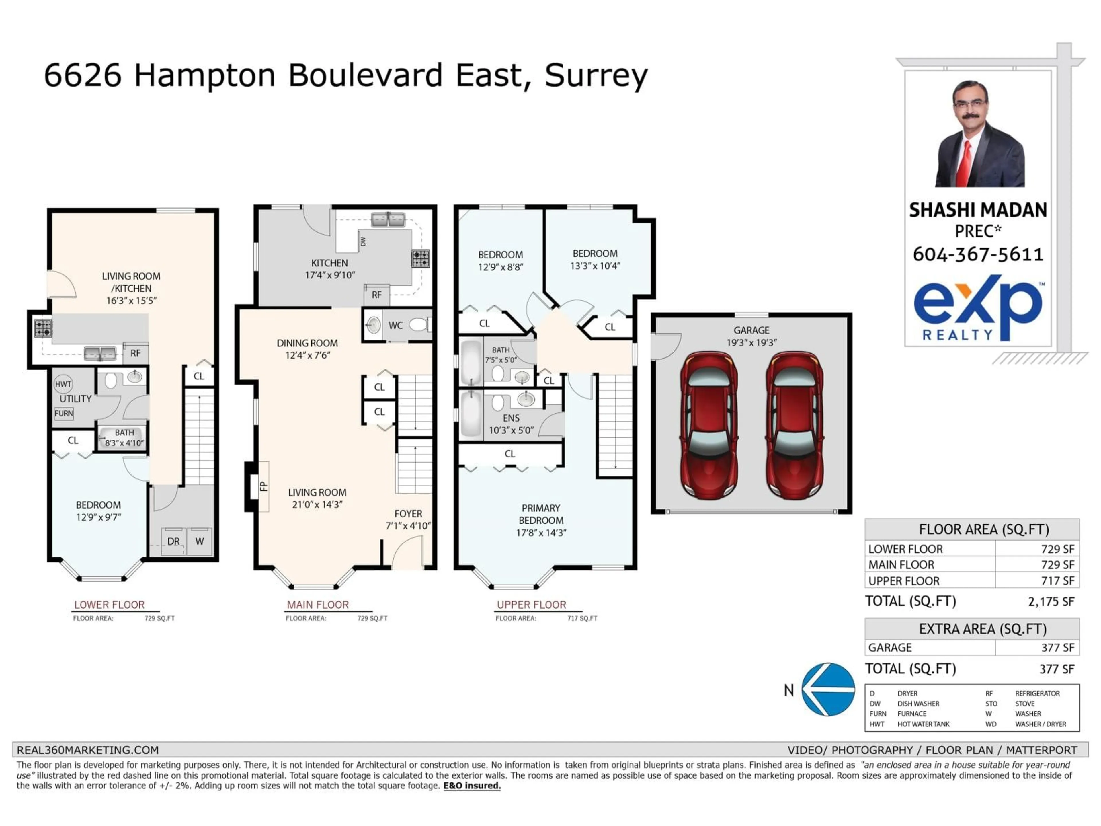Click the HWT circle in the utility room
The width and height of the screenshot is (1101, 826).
(x=63, y=384)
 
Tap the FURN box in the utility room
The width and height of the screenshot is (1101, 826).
(x=64, y=413)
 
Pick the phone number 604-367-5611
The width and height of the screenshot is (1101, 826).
(x=977, y=254)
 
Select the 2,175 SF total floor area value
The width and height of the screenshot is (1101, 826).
(x=1051, y=601)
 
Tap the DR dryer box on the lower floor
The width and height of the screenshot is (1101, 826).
(x=173, y=541)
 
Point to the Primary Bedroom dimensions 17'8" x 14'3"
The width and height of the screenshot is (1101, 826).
(x=541, y=533)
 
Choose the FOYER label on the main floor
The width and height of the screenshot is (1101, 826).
(x=408, y=513)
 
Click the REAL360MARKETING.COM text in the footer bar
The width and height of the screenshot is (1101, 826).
(x=88, y=750)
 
